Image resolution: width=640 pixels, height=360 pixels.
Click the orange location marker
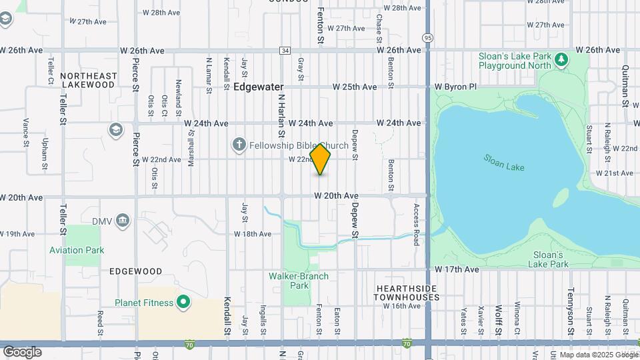(321, 159)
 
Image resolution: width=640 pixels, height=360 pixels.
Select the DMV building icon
(122, 220)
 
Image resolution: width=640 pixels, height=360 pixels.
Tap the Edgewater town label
(258, 87)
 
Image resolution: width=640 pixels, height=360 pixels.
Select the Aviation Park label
(77, 250)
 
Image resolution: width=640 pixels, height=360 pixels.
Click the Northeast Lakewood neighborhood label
(88, 80)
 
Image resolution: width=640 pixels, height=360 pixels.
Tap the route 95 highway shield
(427, 37)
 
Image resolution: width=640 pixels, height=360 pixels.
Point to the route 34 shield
(285, 51)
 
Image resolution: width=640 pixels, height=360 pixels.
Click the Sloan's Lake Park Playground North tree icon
(562, 60)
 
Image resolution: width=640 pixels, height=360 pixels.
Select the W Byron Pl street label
(456, 87)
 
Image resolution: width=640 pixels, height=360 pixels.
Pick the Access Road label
(417, 224)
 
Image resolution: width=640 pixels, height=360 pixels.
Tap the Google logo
(22, 351)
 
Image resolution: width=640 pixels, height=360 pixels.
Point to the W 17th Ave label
(457, 269)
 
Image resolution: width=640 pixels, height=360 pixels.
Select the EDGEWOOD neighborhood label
(136, 271)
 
